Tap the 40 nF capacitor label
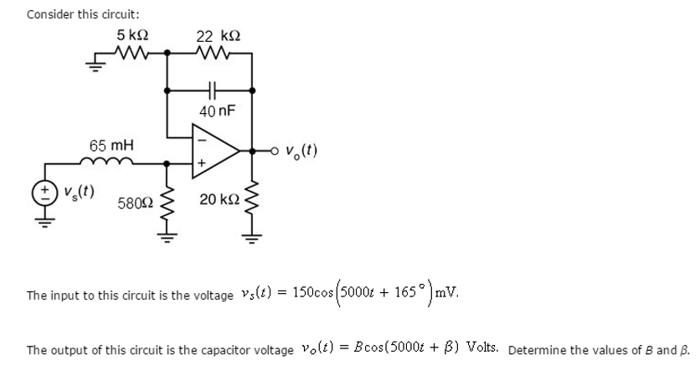click(x=217, y=111)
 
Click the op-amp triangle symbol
click(x=214, y=152)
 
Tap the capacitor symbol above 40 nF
click(x=213, y=88)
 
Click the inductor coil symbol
click(x=108, y=161)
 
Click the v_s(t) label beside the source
click(x=79, y=191)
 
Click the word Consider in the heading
click(x=49, y=14)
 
